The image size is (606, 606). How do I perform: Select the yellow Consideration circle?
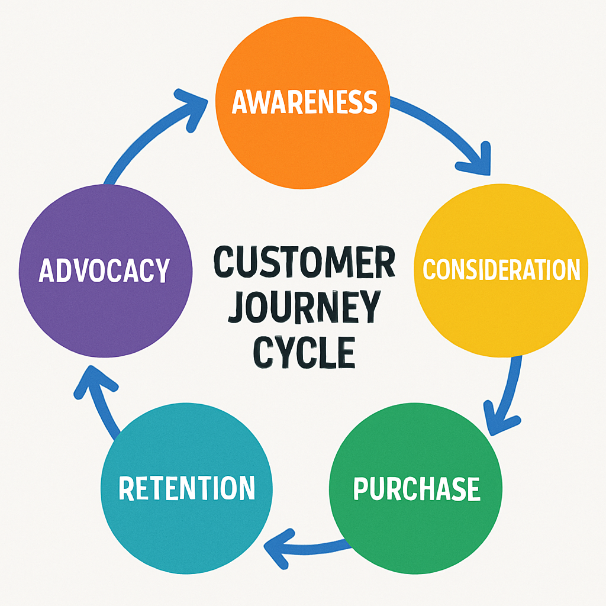pyautogui.click(x=501, y=308)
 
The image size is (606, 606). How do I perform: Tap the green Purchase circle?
pyautogui.click(x=415, y=521)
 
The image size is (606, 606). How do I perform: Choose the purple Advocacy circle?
pyautogui.click(x=105, y=308)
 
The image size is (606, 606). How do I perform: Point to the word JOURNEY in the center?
pyautogui.click(x=304, y=307)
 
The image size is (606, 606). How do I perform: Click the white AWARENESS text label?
pyautogui.click(x=304, y=102)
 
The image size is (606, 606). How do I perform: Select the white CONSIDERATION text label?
pyautogui.click(x=501, y=269)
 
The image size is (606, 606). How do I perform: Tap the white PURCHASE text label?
pyautogui.click(x=417, y=489)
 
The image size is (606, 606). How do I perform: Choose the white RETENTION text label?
pyautogui.click(x=187, y=488)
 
